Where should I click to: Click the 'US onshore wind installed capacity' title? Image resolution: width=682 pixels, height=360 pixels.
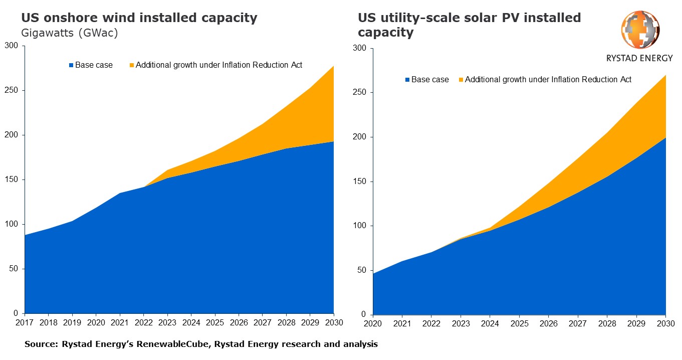click(x=139, y=19)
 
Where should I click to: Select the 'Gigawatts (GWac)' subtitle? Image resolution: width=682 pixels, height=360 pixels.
click(x=69, y=33)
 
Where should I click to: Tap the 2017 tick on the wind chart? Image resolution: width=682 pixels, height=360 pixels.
click(x=25, y=322)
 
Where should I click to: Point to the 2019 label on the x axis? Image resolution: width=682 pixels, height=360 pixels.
click(x=72, y=322)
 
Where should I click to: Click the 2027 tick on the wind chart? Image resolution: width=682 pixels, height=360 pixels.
click(x=262, y=322)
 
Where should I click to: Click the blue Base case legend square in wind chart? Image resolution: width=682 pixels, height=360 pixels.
click(x=71, y=65)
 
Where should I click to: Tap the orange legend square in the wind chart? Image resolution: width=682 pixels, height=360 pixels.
click(x=132, y=65)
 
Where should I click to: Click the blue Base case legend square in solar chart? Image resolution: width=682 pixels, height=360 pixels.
click(x=407, y=80)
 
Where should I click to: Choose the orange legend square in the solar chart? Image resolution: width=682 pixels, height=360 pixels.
click(x=461, y=80)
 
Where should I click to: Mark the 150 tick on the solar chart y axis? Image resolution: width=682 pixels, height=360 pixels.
click(x=360, y=182)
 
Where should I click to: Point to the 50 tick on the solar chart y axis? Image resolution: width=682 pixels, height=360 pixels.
click(x=362, y=271)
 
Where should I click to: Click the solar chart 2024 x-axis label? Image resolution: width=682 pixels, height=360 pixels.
click(x=490, y=324)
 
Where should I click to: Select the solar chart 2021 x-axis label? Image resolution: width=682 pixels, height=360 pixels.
click(x=402, y=324)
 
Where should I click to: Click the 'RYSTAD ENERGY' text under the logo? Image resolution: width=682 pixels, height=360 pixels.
click(x=639, y=58)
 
